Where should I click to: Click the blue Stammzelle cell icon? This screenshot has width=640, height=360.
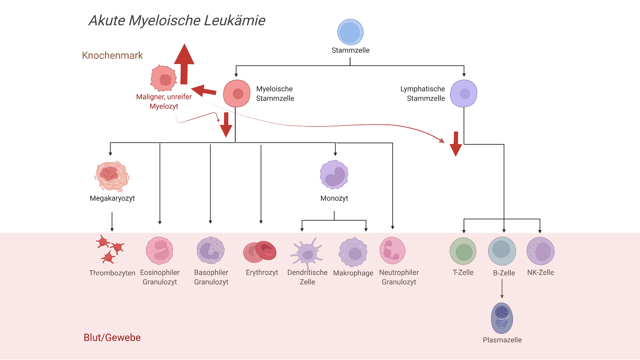tap(350, 32)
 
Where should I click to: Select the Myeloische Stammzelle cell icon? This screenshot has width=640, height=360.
tap(237, 93)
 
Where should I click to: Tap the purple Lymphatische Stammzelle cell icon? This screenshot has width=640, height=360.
tap(464, 93)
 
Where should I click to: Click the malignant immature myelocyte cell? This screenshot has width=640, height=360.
tap(163, 78)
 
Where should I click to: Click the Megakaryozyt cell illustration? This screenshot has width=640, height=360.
tap(112, 176)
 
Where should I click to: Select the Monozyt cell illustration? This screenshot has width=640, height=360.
tap(334, 175)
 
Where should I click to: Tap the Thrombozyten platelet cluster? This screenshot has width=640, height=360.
tap(109, 249)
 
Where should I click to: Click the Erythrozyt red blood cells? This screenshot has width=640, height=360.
tap(260, 252)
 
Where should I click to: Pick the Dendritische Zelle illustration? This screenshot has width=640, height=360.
tap(307, 253)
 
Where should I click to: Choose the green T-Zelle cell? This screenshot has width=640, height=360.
tap(463, 251)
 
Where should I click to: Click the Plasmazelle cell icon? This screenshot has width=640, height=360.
tap(502, 318)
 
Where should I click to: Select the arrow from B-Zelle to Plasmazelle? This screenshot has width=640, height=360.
tap(502, 289)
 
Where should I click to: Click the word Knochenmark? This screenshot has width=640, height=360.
tap(112, 55)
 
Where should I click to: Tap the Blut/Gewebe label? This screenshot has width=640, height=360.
tap(112, 337)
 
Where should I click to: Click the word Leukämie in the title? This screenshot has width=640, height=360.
tap(235, 20)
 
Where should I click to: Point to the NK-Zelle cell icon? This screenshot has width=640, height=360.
tap(540, 251)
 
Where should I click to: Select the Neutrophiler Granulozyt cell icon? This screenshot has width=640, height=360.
tap(392, 251)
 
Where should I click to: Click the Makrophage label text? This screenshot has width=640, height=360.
tap(353, 273)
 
